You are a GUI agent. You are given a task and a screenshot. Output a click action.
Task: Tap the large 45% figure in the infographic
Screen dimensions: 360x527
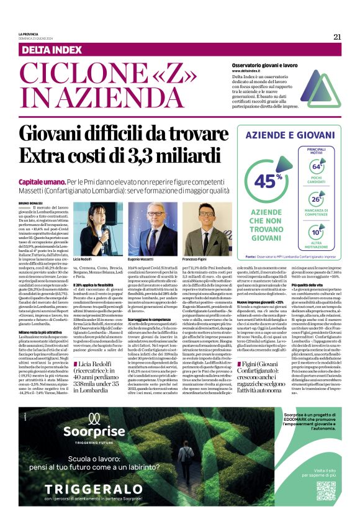pyautogui.click(x=265, y=181)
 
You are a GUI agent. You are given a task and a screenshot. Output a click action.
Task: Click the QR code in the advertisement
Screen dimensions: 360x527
pyautogui.click(x=326, y=490)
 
